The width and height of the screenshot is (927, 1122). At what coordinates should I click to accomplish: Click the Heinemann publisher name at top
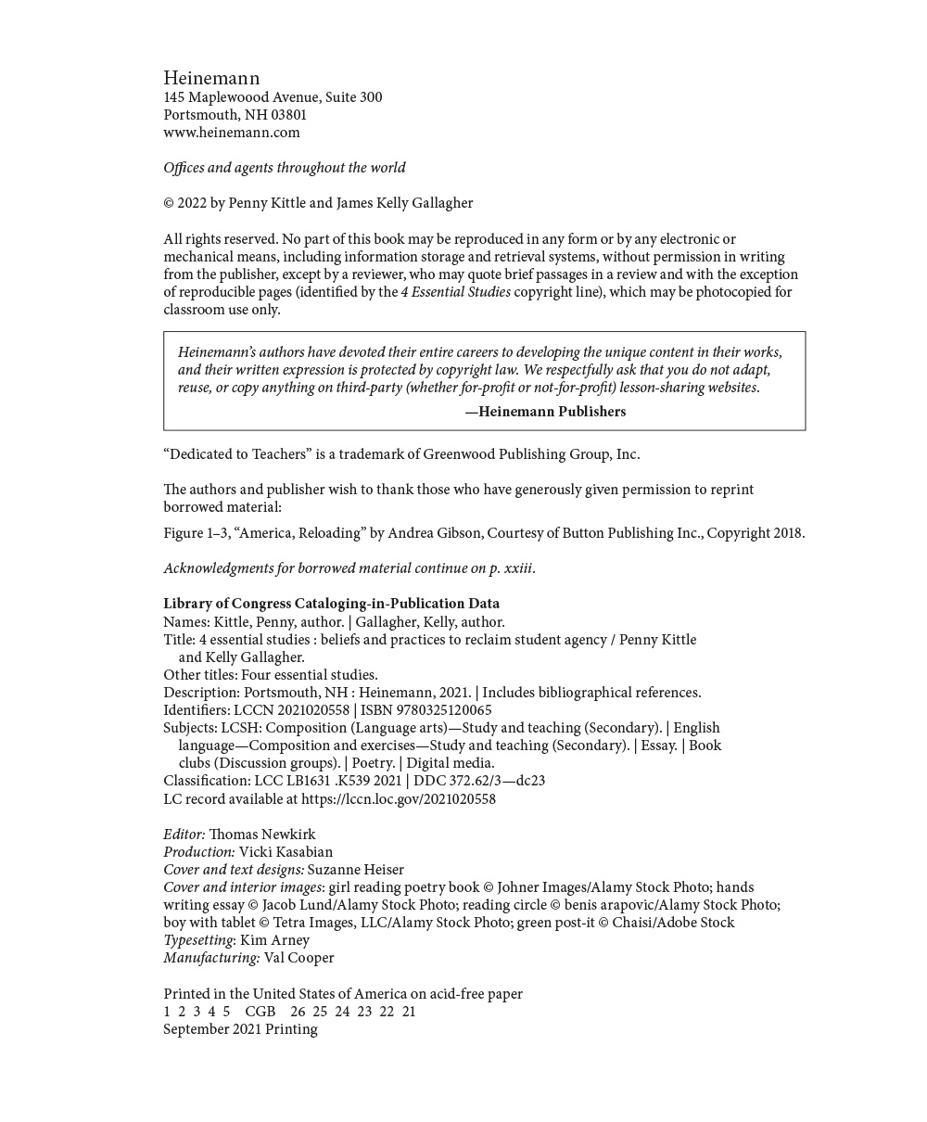click(x=211, y=78)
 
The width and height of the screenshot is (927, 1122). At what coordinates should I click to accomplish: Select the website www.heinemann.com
click(x=232, y=133)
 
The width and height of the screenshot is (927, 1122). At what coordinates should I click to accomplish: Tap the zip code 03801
click(x=288, y=115)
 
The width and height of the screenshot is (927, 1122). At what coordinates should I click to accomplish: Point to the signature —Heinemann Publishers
click(x=545, y=412)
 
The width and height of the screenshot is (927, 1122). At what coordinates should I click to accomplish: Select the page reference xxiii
click(x=517, y=568)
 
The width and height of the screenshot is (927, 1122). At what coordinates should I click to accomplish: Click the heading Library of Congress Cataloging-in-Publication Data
click(x=331, y=604)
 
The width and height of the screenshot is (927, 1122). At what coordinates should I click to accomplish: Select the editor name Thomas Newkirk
click(x=261, y=835)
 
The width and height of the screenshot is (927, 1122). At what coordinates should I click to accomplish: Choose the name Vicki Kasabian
click(x=286, y=852)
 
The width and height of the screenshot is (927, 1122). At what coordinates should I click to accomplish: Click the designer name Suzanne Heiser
click(x=355, y=870)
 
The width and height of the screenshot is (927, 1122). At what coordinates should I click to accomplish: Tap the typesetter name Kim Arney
click(x=274, y=940)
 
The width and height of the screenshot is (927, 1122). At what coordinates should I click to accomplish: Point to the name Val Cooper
click(x=298, y=958)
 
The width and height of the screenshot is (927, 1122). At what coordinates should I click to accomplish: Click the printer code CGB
click(x=260, y=1012)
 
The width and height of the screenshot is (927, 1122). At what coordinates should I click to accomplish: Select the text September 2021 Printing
click(x=240, y=1029)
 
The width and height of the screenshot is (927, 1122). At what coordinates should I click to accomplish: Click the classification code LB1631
click(x=308, y=781)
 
